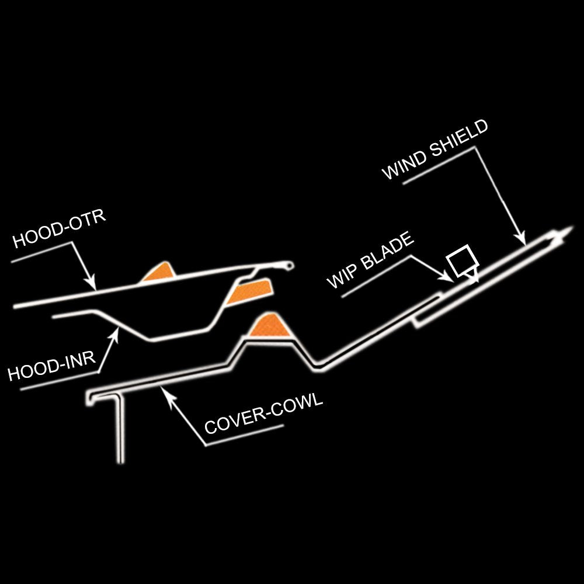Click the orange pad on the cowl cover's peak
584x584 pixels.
click(269, 326)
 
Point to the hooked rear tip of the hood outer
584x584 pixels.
click(288, 266)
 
